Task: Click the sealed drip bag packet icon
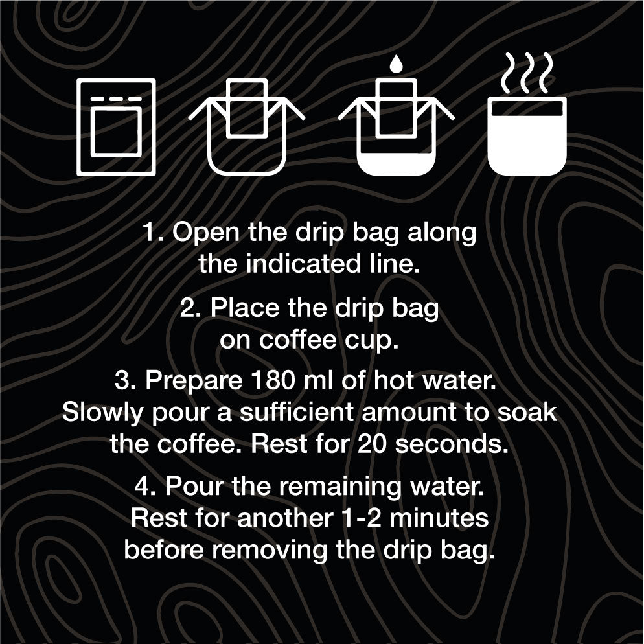click(116, 127)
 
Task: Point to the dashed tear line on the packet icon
click(116, 99)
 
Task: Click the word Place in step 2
click(245, 307)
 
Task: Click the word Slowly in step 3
click(102, 413)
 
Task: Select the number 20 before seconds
click(372, 444)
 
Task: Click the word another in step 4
click(285, 518)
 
